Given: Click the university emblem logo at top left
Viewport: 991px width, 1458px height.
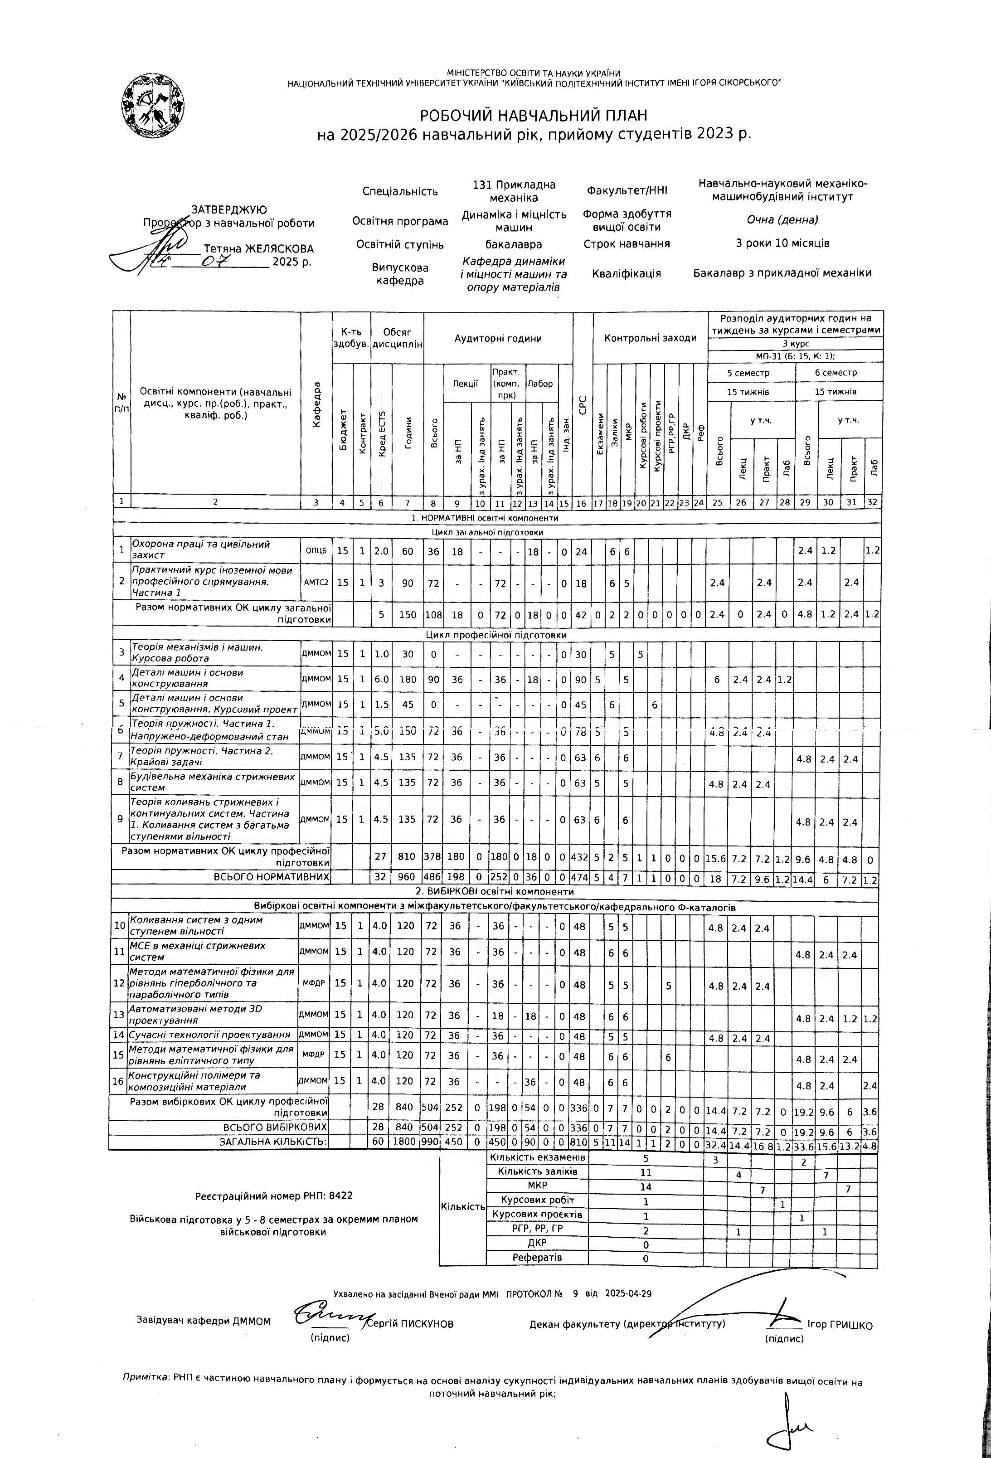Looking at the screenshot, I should [153, 103].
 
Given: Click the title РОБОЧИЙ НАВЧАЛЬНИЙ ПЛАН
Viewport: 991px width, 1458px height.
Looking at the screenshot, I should [533, 116].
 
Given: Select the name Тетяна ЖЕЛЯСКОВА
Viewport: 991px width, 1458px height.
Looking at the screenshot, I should [258, 249].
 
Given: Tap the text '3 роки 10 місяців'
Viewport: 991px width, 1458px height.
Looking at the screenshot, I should [782, 243].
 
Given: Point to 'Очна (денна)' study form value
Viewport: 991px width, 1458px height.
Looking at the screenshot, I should [782, 220].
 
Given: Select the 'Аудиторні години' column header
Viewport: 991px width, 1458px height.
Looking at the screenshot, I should [498, 338].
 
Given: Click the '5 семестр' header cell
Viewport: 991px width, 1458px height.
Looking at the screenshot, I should [751, 373].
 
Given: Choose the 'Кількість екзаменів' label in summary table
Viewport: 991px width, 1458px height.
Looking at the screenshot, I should [538, 1157].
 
